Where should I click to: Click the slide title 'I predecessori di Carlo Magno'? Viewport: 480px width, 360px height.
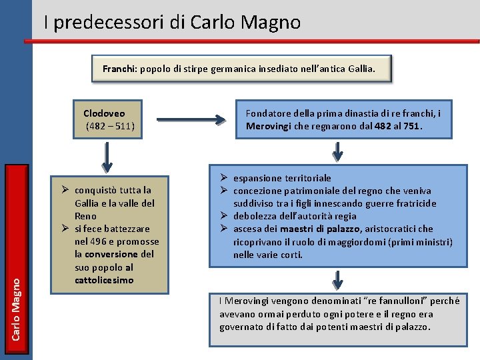pos(172,23)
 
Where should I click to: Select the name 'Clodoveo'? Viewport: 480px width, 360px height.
pos(104,113)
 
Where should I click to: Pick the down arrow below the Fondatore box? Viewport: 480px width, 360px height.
pos(339,151)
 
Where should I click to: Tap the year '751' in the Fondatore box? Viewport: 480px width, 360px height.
pos(412,126)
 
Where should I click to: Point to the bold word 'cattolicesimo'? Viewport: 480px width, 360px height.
pos(104,280)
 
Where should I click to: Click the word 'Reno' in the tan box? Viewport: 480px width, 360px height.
pos(85,216)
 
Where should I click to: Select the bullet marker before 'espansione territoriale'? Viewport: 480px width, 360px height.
pos(225,178)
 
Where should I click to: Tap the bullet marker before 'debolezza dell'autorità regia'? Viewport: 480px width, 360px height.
pos(225,216)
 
